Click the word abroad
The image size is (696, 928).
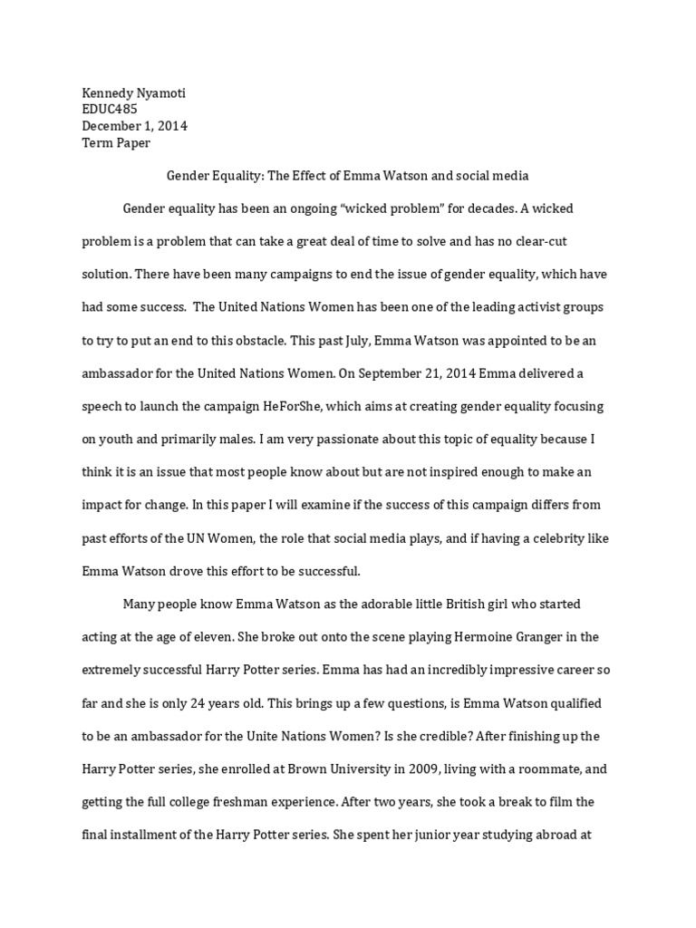[x=541, y=834]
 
